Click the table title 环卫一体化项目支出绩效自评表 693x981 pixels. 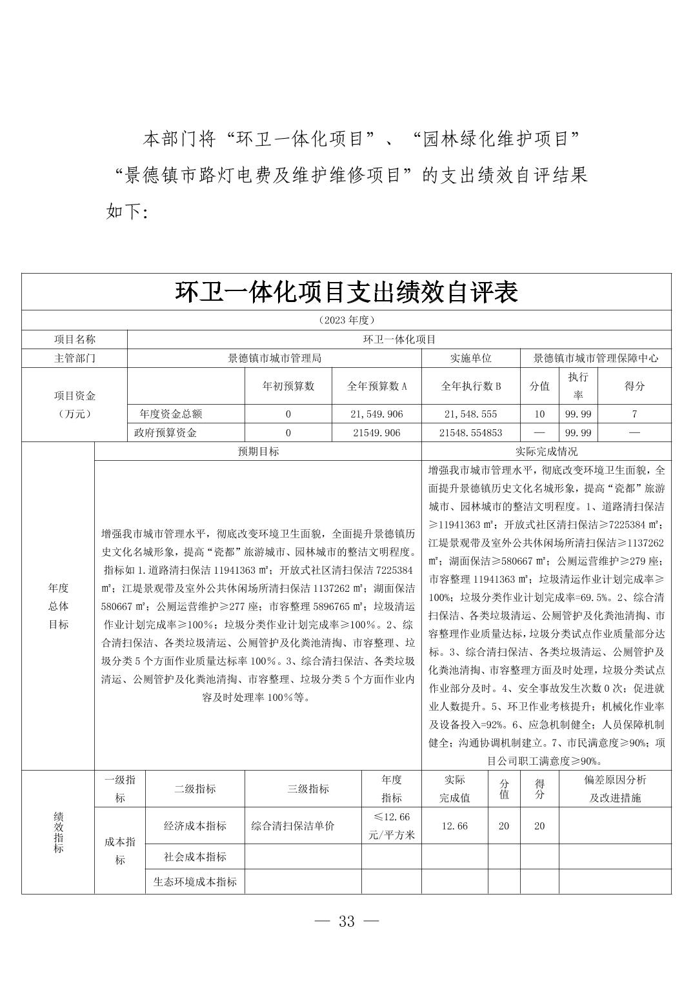point(346,292)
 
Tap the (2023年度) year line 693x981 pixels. point(346,320)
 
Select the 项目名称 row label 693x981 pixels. point(74,339)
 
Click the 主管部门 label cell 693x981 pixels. point(74,358)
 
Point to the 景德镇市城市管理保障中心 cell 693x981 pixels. point(596,358)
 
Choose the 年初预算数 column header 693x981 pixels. point(288,386)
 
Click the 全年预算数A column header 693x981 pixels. point(377,386)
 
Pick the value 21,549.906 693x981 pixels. point(377,414)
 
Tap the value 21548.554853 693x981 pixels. point(470,432)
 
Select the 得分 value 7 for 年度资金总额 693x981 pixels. point(634,414)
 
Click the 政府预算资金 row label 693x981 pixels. point(165,432)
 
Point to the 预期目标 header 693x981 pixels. point(258,452)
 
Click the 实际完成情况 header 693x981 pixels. point(547,452)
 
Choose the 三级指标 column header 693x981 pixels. point(303,789)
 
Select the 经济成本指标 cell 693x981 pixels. point(195,825)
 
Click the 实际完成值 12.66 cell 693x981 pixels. point(454,825)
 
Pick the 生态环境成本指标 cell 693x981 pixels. point(195,882)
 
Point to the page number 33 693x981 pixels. point(346,922)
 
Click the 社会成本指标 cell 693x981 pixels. point(195,856)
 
